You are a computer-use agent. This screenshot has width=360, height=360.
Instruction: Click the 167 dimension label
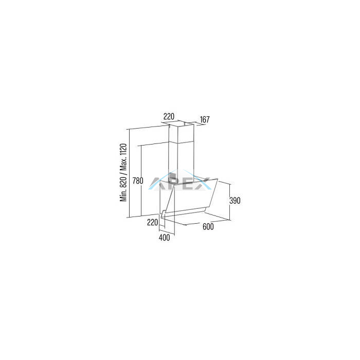205,120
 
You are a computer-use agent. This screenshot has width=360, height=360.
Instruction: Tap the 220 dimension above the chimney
169,116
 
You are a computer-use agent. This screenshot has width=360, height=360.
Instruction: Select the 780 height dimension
138,181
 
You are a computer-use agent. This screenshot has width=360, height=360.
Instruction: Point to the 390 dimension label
235,201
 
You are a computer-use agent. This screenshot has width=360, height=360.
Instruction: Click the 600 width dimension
208,227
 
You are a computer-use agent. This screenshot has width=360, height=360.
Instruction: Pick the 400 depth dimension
165,238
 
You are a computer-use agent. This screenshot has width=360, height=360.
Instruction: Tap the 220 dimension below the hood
152,222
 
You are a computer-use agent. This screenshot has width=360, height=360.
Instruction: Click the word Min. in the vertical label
123,195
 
